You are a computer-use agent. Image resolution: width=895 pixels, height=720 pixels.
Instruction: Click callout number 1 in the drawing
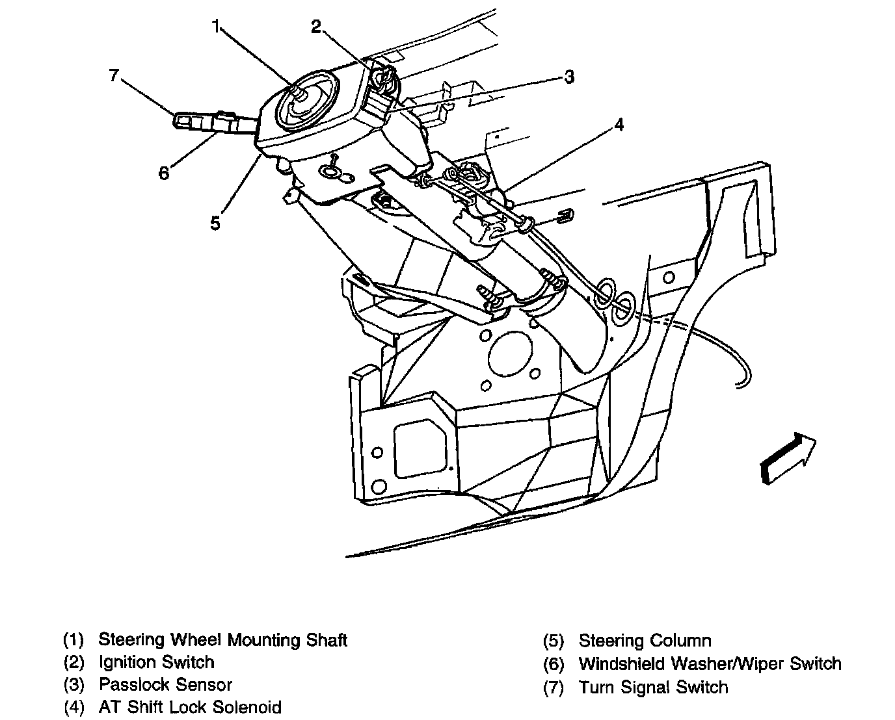pyautogui.click(x=215, y=27)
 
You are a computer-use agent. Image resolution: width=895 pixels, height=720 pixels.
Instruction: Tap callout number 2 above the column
pyautogui.click(x=316, y=27)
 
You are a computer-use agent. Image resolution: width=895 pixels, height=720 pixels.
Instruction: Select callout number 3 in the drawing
pyautogui.click(x=569, y=77)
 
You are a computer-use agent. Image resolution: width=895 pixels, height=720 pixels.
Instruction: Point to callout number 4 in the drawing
pyautogui.click(x=619, y=124)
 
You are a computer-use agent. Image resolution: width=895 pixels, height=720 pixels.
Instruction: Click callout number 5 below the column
pyautogui.click(x=215, y=223)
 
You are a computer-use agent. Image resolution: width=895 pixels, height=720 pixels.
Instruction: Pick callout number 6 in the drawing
pyautogui.click(x=164, y=173)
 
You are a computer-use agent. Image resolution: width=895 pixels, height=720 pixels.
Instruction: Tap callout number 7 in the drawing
pyautogui.click(x=114, y=75)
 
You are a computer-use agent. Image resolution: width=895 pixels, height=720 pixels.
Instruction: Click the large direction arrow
pyautogui.click(x=788, y=458)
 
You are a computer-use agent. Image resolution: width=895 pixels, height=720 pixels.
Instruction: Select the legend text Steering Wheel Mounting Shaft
pyautogui.click(x=222, y=639)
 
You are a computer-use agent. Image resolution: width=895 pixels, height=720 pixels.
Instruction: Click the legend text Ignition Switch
pyautogui.click(x=156, y=662)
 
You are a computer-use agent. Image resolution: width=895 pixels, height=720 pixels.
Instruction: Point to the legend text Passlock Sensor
pyautogui.click(x=165, y=684)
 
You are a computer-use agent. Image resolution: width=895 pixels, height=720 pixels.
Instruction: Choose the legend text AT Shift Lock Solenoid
pyautogui.click(x=190, y=707)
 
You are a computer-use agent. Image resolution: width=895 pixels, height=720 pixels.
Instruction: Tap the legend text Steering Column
pyautogui.click(x=645, y=641)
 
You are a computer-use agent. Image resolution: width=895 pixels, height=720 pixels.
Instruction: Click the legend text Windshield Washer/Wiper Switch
pyautogui.click(x=710, y=663)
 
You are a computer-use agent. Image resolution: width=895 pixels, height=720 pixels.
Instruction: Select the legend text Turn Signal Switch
pyautogui.click(x=653, y=687)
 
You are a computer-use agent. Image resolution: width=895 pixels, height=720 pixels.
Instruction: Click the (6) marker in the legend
pyautogui.click(x=553, y=664)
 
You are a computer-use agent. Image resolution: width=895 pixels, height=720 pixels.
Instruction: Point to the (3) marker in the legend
pyautogui.click(x=73, y=685)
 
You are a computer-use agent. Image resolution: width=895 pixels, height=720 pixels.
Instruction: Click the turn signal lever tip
pyautogui.click(x=180, y=119)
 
